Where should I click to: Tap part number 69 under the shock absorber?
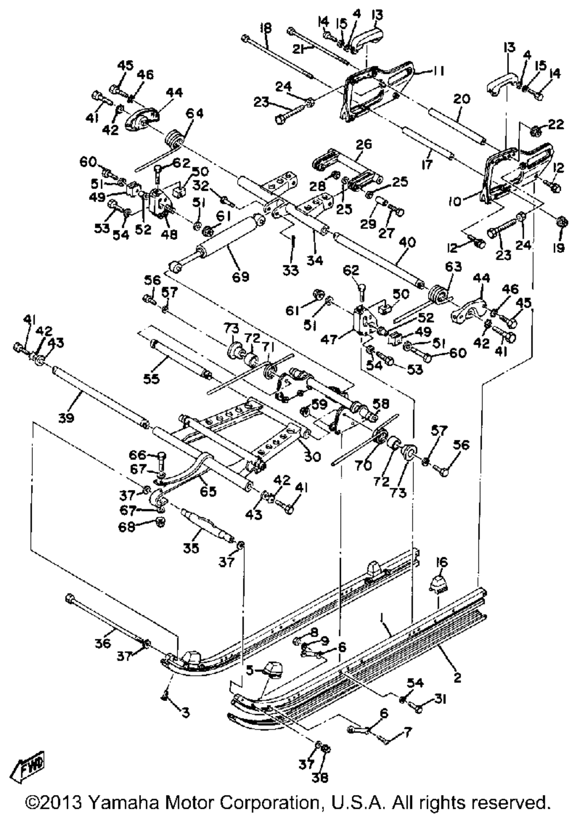(241, 277)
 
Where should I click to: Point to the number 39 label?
(66, 416)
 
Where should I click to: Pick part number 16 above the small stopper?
(443, 562)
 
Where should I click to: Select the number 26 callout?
(364, 144)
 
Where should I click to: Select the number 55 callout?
(151, 379)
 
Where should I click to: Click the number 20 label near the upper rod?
(462, 99)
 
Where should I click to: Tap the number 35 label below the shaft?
(191, 558)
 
